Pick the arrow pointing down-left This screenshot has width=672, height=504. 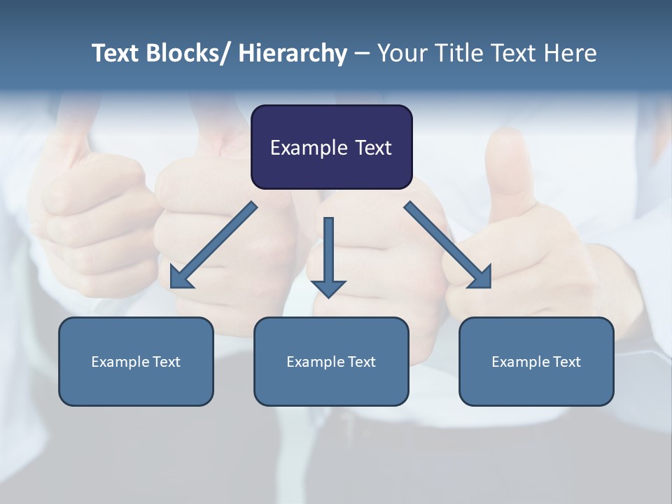pyautogui.click(x=213, y=246)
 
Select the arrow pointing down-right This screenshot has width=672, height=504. pyautogui.click(x=448, y=245)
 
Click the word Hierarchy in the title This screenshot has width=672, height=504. pyautogui.click(x=293, y=53)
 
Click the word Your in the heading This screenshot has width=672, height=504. pyautogui.click(x=401, y=53)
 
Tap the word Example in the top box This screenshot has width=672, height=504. pyautogui.click(x=309, y=148)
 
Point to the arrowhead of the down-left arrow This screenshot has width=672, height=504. pyautogui.click(x=179, y=279)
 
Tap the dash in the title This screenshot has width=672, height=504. pyautogui.click(x=362, y=53)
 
